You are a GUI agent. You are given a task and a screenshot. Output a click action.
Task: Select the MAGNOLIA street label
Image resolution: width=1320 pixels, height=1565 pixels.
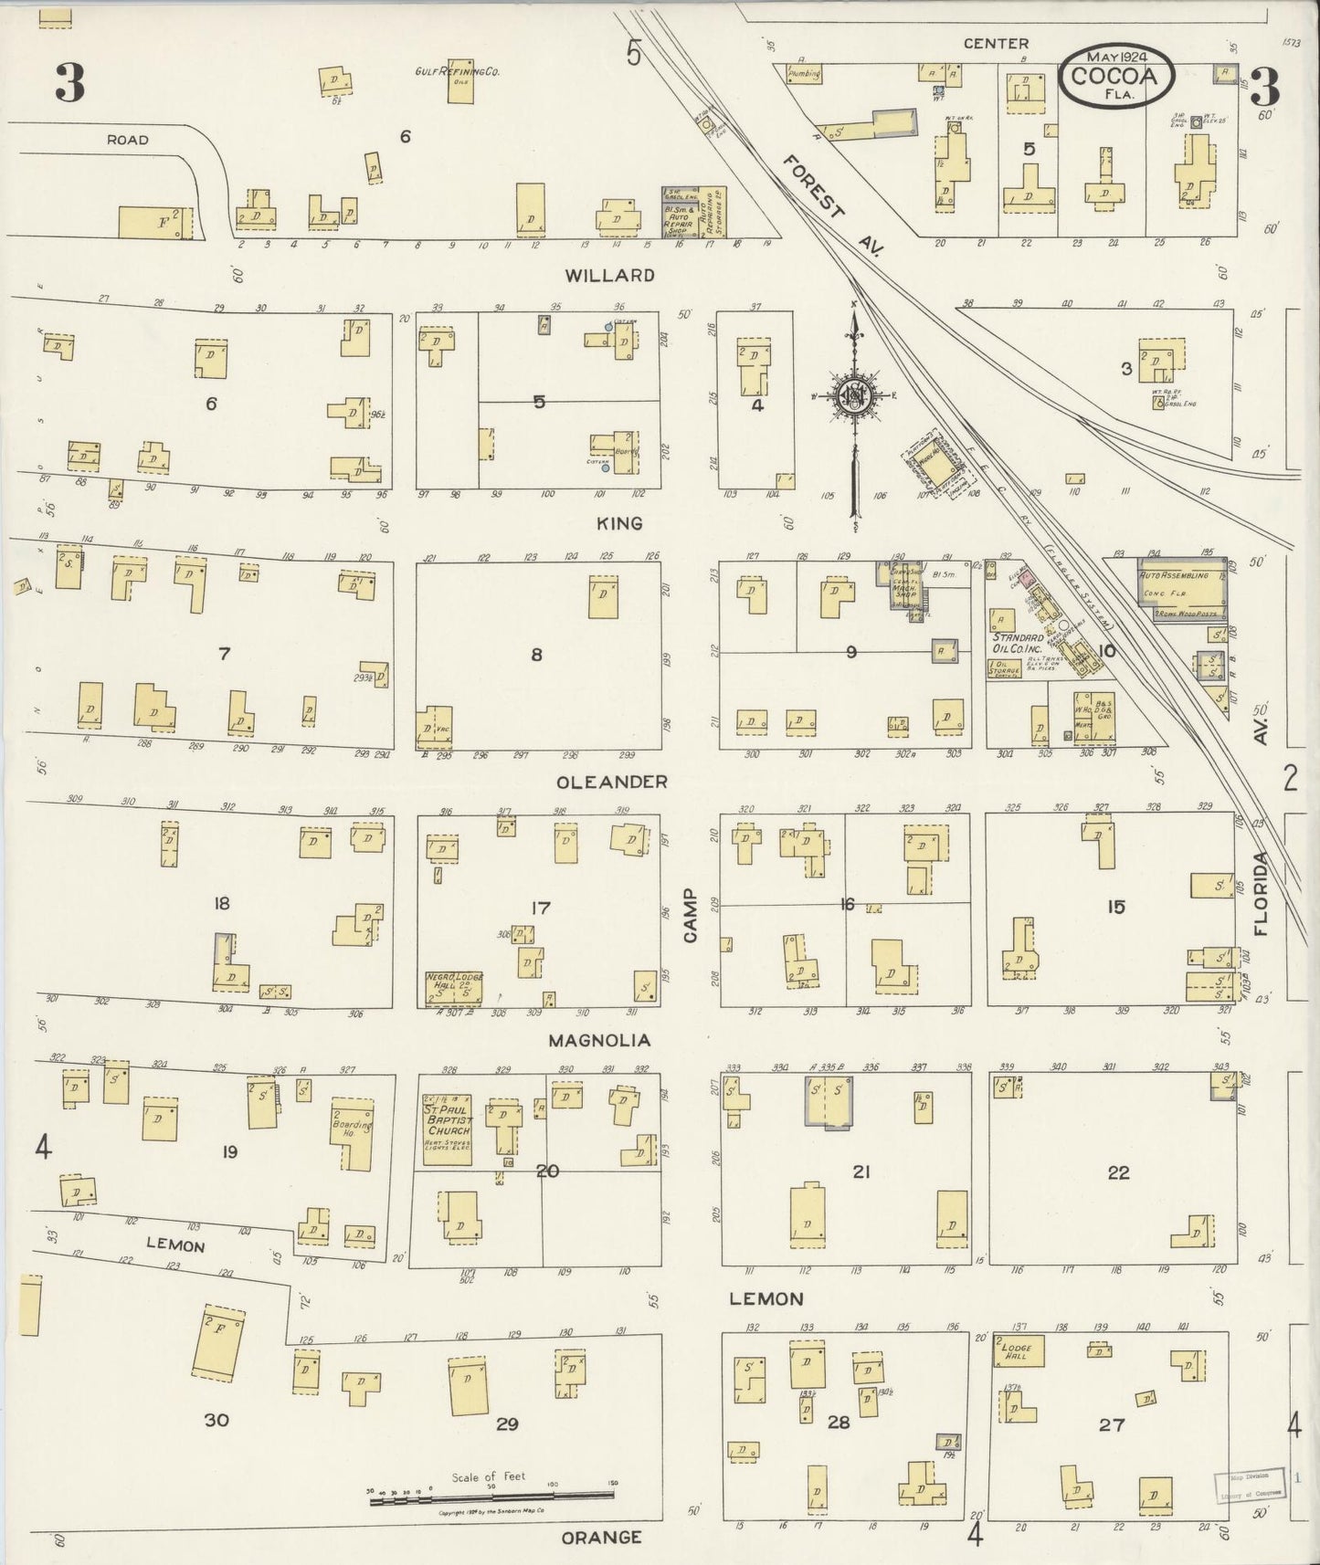[x=599, y=1040]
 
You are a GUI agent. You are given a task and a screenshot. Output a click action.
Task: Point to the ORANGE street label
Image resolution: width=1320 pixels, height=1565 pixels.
[x=601, y=1538]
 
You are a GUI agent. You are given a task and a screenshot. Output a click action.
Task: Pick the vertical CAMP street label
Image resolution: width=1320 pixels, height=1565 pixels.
[x=689, y=915]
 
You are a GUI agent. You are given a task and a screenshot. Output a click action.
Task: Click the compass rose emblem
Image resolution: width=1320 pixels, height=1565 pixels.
[x=854, y=395]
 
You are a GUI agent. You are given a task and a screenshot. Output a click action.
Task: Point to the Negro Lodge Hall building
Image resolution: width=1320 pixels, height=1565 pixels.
[x=453, y=987]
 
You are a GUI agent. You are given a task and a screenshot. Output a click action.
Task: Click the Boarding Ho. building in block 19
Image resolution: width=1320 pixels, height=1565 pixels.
[x=356, y=1133]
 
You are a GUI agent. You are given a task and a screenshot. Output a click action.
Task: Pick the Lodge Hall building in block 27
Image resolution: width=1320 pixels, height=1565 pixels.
[x=1019, y=1351]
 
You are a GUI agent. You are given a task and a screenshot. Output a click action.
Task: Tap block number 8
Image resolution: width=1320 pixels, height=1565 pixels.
[x=537, y=654]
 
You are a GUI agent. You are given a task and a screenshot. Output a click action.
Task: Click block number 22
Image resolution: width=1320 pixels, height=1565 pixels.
[x=1118, y=1172]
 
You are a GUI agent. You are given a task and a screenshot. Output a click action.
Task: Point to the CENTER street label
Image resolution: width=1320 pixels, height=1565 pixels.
[x=996, y=43]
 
